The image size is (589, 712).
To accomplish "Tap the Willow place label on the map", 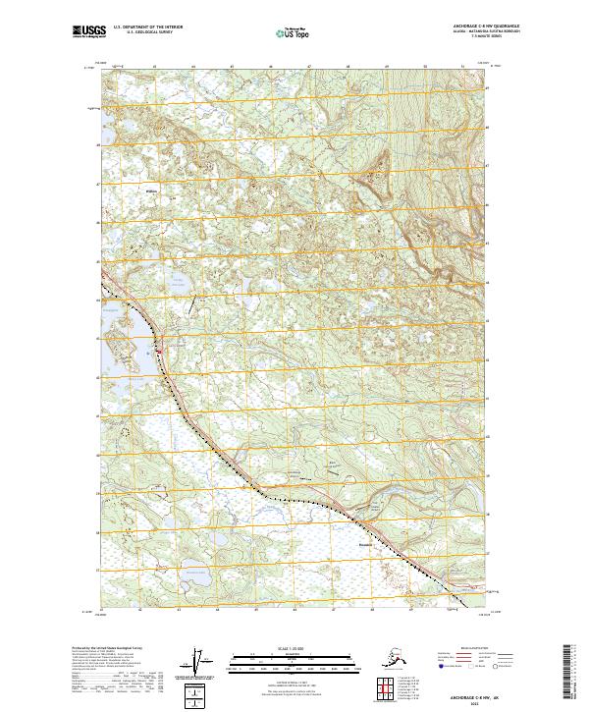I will (151, 191).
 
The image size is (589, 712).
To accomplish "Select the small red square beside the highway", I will (160, 343).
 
